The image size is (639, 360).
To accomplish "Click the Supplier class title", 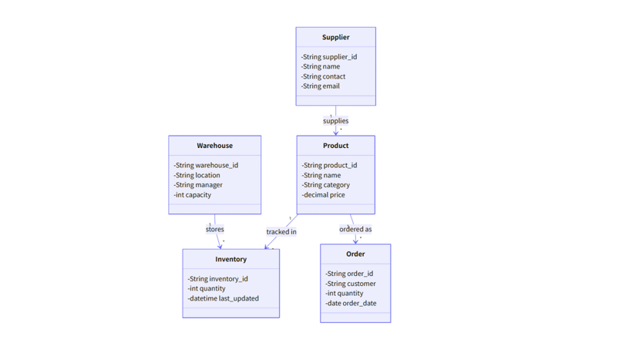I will pos(335,38).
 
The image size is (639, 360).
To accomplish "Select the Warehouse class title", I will pos(214,146).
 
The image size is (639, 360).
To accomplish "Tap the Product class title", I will pos(335,146).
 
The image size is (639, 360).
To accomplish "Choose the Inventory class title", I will pos(230,259).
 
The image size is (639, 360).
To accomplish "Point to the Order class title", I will pos(355,254).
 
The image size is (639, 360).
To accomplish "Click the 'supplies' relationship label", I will pos(335,121).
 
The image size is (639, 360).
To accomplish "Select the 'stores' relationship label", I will pos(215,229).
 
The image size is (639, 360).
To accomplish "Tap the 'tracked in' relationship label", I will pos(281,232).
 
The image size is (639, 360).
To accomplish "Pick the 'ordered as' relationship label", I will pos(355,229).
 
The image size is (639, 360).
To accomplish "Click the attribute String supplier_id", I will pos(329,57).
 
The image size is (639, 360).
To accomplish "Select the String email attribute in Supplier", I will pos(321,86).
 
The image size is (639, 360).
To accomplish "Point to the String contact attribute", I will pos(324,76).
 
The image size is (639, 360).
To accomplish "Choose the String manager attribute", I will pos(198,185).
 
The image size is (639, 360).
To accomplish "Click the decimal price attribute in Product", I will pos(324,195).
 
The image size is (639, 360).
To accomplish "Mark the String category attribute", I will pos(326,185).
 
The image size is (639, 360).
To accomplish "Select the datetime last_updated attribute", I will pos(223,298).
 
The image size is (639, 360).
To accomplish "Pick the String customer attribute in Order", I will pos(351,284).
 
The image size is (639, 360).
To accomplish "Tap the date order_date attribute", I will pos(351,303).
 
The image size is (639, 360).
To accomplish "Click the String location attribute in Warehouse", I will pos(197,175).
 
